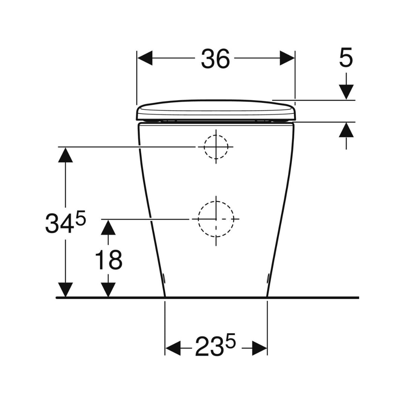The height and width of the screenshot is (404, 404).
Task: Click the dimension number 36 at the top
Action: coord(216,58)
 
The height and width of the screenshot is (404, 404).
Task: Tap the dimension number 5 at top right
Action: coord(346,58)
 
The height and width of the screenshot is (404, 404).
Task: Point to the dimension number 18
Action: coord(108,260)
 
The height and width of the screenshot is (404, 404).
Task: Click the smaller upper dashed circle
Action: coord(216,147)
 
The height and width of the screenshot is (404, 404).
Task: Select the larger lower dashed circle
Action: coord(216,219)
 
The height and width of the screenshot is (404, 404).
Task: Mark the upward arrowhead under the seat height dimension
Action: coord(346,130)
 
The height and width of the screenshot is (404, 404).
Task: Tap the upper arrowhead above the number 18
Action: coord(108,227)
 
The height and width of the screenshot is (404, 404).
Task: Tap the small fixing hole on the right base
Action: coord(268,278)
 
